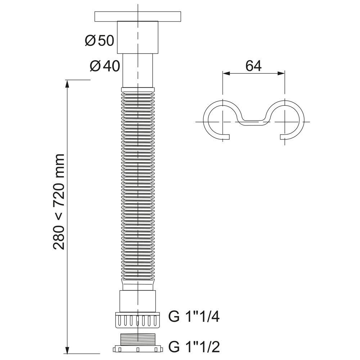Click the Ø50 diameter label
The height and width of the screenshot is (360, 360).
pyautogui.click(x=99, y=41)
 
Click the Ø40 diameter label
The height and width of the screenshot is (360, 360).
pyautogui.click(x=105, y=66)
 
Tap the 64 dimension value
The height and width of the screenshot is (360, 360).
pyautogui.click(x=253, y=66)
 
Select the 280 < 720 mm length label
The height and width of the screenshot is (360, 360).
pyautogui.click(x=59, y=202)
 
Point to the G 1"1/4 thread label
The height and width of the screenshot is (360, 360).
pyautogui.click(x=194, y=317)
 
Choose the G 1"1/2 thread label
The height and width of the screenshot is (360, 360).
pyautogui.click(x=194, y=347)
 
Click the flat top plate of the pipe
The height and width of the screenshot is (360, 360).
pyautogui.click(x=138, y=17)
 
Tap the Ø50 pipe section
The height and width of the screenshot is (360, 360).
pyautogui.click(x=138, y=37)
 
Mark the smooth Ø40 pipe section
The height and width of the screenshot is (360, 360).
pyautogui.click(x=138, y=71)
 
